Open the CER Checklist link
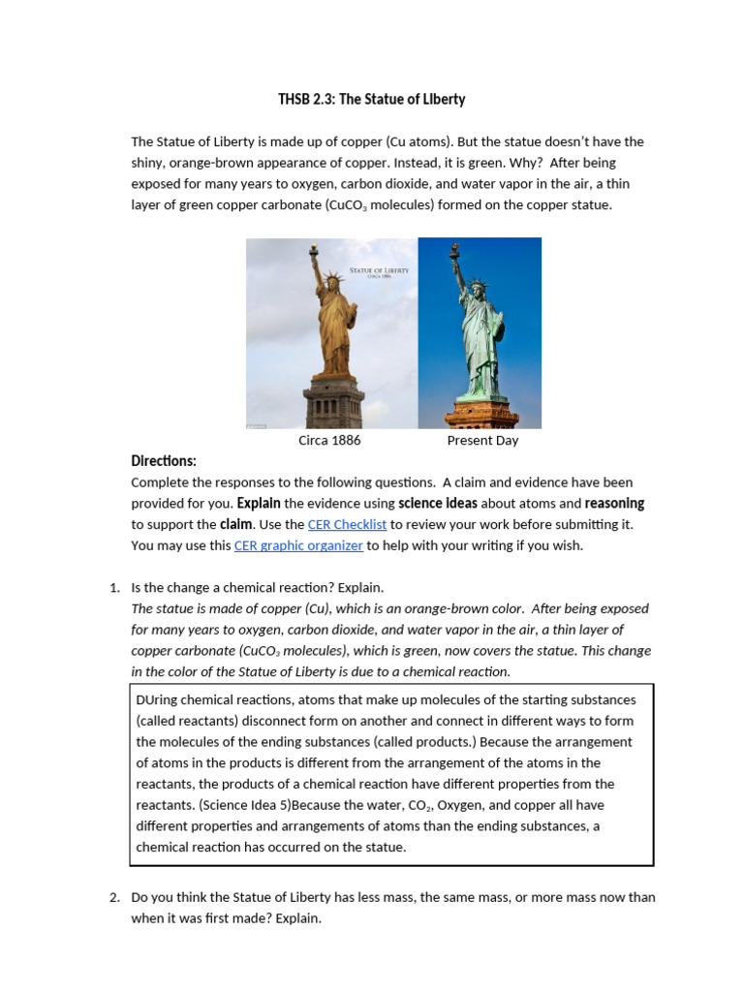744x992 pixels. (347, 524)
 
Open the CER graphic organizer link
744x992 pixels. (298, 545)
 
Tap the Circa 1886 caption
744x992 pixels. (329, 440)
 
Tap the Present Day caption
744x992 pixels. (482, 440)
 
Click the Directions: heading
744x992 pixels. (164, 461)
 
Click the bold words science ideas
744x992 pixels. (438, 503)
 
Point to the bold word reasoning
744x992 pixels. (614, 503)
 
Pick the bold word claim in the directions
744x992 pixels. (236, 524)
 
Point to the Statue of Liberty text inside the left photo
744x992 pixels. (379, 270)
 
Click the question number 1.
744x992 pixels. (113, 588)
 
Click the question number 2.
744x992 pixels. (113, 897)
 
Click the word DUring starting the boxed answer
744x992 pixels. (156, 699)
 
